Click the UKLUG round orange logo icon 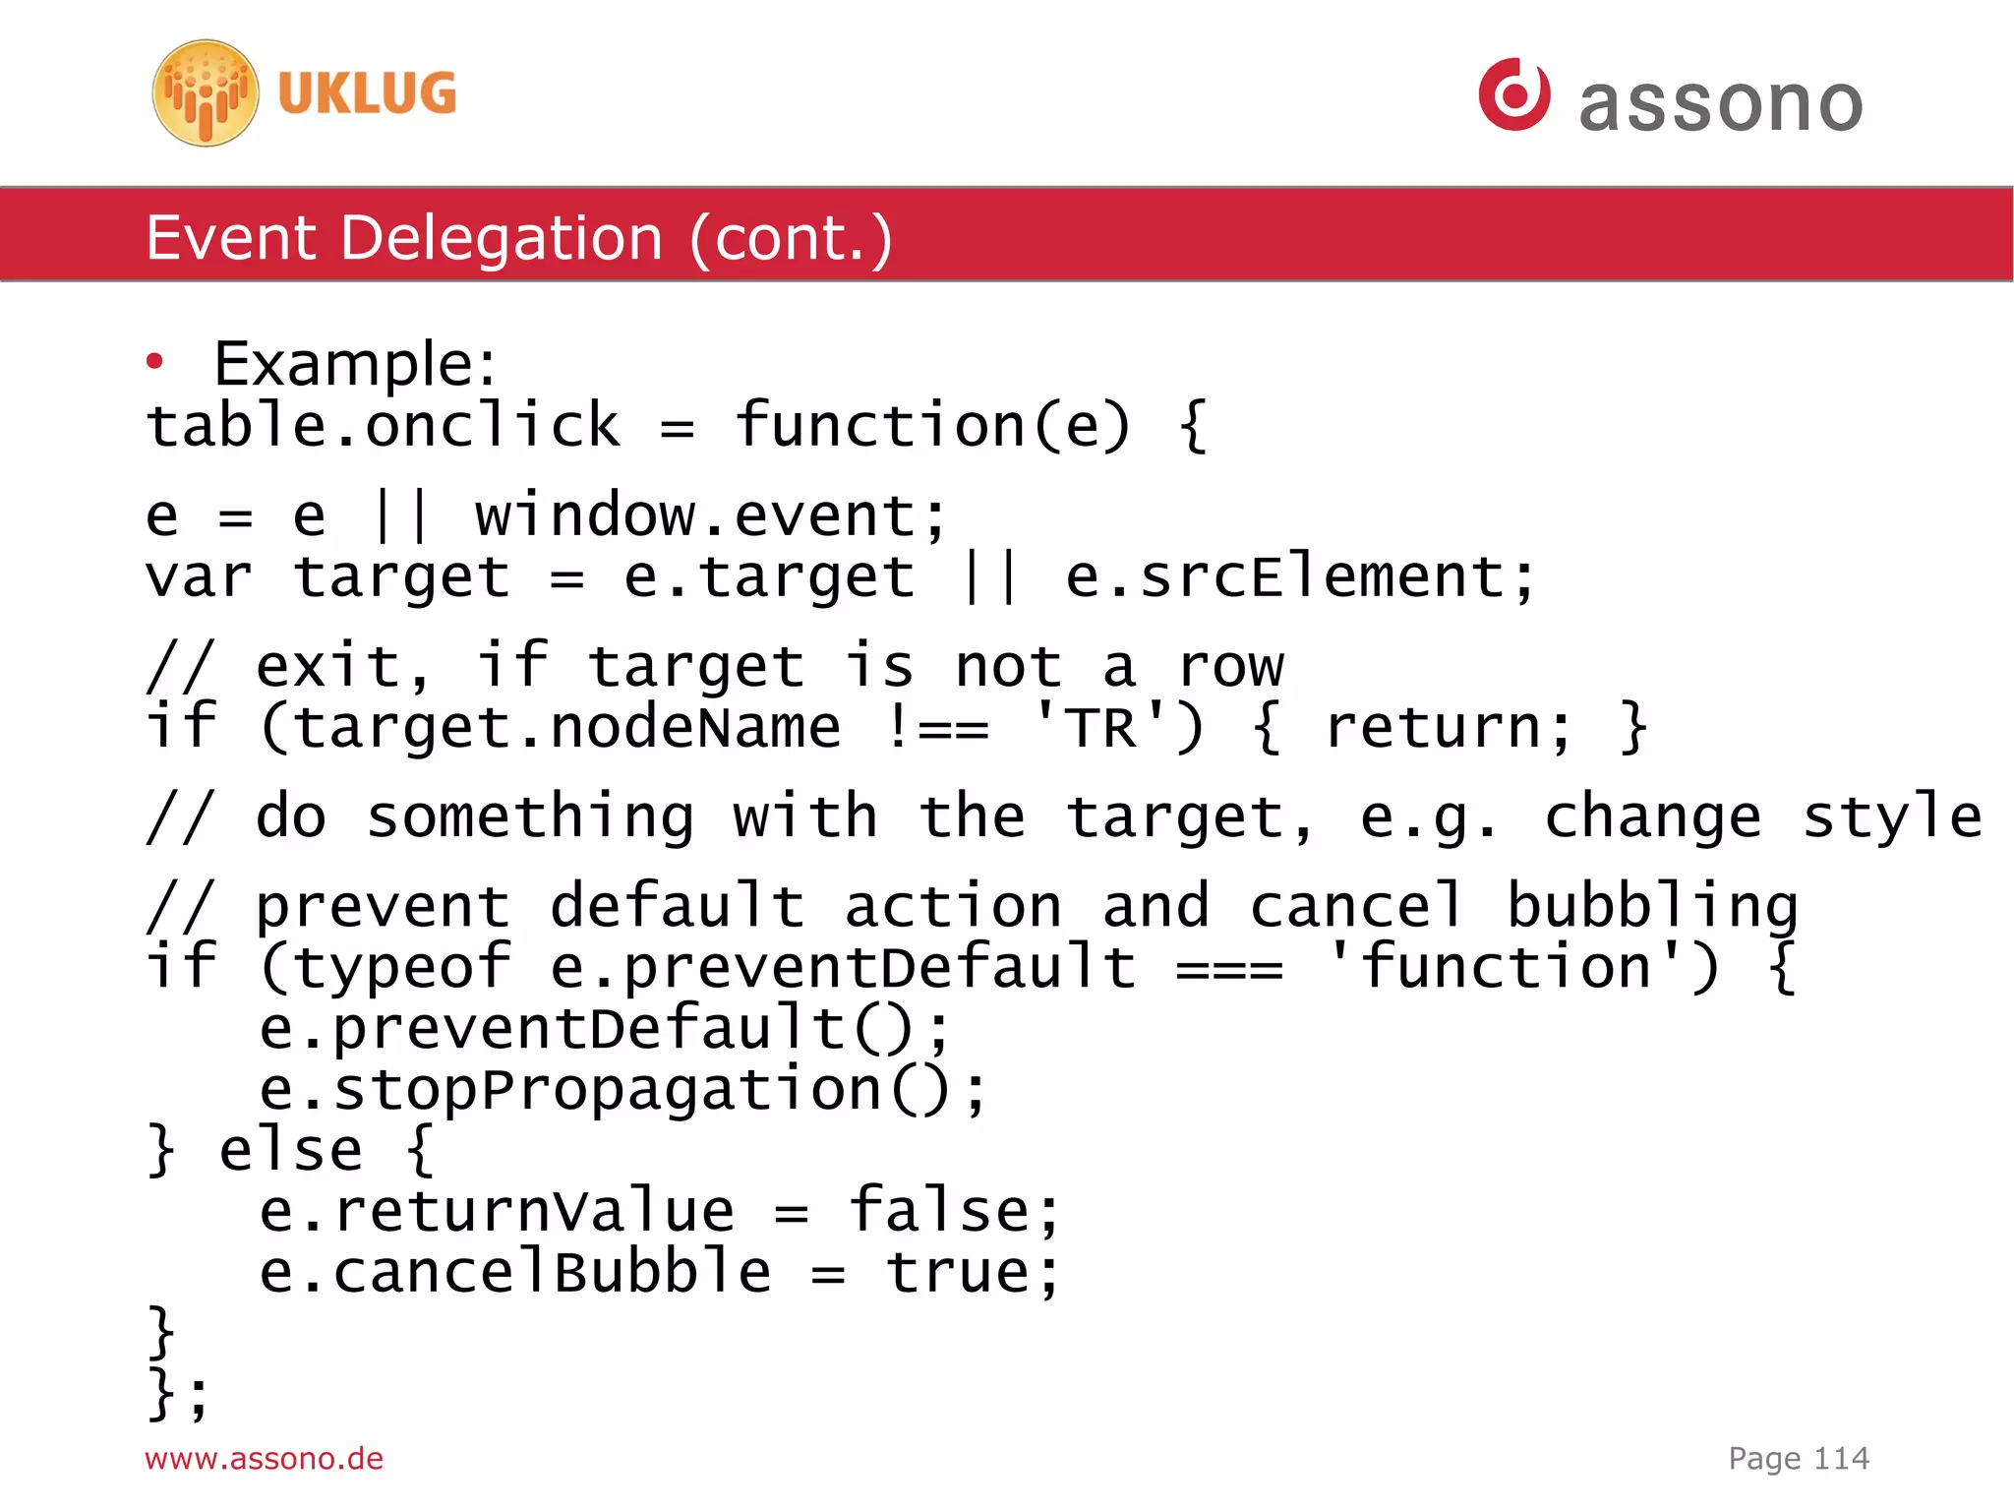(206, 93)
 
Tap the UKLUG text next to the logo (367, 93)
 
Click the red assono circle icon (1513, 94)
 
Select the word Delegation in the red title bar (502, 238)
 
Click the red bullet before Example (154, 362)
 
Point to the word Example (355, 364)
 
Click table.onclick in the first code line (384, 426)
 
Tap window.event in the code (710, 515)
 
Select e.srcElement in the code (1299, 576)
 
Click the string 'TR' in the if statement (1100, 727)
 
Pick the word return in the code (1447, 727)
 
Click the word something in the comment (530, 816)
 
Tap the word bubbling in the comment (1652, 906)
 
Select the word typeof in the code (402, 967)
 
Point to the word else (291, 1150)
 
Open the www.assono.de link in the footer (264, 1458)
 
